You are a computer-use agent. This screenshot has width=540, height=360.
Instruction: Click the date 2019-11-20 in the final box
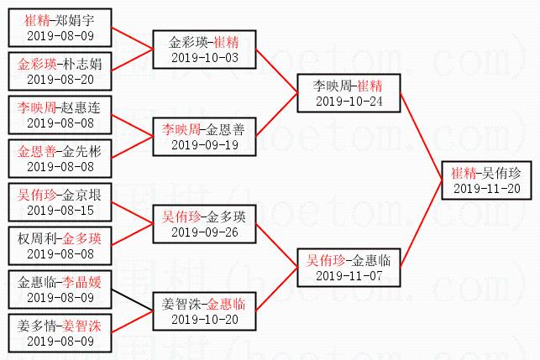point(486,189)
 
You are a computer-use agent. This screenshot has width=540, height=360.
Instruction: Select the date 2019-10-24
point(349,102)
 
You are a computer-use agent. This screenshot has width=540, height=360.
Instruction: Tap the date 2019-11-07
point(349,276)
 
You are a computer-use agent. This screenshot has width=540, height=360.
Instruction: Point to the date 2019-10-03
point(205,58)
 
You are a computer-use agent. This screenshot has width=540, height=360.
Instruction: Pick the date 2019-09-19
point(205,145)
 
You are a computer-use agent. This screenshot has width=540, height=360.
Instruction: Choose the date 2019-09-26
point(205,232)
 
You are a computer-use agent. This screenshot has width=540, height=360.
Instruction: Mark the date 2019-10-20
point(205,320)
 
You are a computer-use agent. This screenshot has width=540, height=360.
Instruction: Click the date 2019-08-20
point(60,80)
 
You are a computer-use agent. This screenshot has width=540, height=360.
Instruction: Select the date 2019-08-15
point(60,211)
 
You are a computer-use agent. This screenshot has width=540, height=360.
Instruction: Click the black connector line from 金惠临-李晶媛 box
point(132,300)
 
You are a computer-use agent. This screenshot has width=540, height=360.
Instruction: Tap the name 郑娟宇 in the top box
point(75,21)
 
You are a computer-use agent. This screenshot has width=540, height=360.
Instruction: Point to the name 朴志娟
point(82,64)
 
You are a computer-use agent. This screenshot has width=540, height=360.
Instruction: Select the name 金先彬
point(82,151)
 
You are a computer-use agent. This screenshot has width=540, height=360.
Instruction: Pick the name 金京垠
point(82,196)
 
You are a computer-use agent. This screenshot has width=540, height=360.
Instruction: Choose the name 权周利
point(37,238)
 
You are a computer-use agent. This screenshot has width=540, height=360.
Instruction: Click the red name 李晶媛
point(82,282)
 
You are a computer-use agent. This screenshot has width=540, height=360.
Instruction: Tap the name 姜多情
point(37,326)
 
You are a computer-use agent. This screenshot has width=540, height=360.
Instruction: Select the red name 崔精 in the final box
point(464,173)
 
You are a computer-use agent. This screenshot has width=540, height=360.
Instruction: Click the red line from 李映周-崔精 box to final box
point(421,137)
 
